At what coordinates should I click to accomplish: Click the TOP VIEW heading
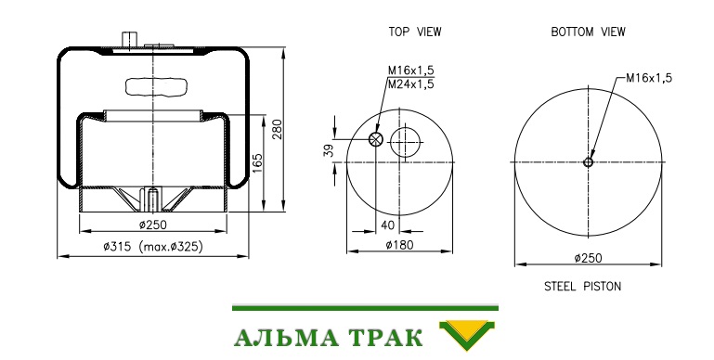click(415, 32)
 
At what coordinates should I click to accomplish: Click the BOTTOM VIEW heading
click(588, 32)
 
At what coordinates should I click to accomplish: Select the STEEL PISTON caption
click(582, 287)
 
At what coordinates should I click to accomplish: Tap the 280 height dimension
click(277, 129)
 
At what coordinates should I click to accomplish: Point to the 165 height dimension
click(257, 164)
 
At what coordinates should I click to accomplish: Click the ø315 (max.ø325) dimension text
click(153, 247)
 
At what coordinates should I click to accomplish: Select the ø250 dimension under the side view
click(153, 225)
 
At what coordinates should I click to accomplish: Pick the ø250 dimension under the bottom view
click(588, 258)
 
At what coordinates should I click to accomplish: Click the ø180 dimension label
click(400, 245)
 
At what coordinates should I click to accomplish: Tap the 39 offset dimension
click(329, 150)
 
